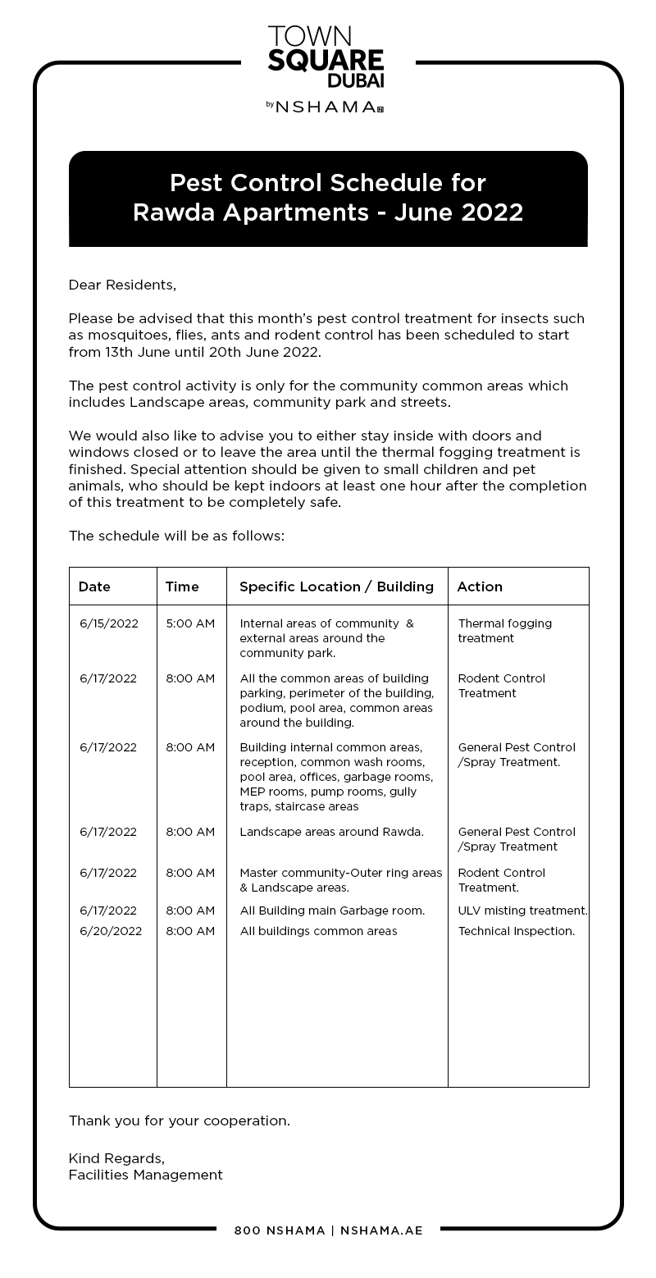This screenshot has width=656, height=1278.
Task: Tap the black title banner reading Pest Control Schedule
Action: (328, 198)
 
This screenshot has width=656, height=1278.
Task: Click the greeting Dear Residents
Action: (122, 285)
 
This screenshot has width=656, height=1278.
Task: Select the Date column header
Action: (94, 587)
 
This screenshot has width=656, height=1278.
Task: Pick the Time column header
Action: (182, 587)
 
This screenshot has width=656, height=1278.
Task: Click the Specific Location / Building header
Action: (336, 587)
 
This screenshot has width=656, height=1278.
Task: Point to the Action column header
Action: (480, 587)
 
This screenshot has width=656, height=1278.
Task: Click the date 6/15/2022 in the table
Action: (109, 623)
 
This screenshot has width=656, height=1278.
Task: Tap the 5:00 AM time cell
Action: (190, 623)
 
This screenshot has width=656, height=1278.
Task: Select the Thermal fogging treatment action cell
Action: (505, 631)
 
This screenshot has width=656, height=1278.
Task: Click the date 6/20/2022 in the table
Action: (111, 931)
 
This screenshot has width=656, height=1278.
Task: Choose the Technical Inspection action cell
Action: (517, 931)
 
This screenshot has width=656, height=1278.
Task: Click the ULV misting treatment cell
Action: (522, 911)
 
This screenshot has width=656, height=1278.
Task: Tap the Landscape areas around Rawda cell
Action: (331, 832)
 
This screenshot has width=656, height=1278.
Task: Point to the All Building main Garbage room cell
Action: (332, 911)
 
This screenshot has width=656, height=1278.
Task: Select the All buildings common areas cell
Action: (318, 931)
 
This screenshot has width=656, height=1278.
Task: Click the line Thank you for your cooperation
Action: (179, 1121)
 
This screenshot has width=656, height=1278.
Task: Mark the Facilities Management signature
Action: (145, 1175)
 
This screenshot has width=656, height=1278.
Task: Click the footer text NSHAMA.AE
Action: (381, 1230)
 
